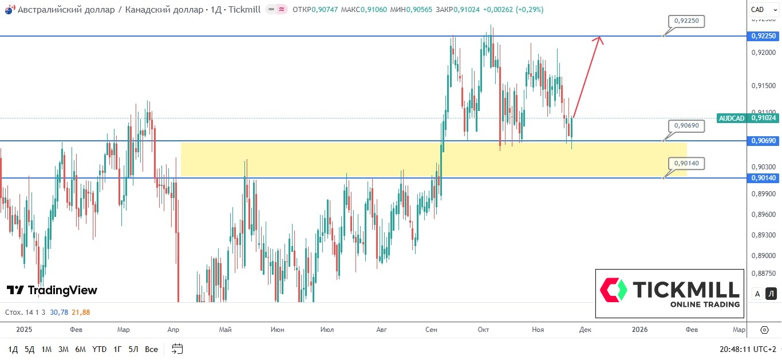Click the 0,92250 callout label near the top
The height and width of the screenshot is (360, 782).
coord(686,21)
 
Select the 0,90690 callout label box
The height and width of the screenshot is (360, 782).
coord(686,125)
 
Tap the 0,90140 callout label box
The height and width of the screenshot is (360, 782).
coord(686,163)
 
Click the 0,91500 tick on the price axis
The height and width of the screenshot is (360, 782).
coord(764,86)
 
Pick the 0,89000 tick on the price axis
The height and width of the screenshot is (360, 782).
coord(764,256)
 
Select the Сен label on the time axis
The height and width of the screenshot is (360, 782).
coord(432,330)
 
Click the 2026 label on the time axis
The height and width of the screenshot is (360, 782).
coord(639,330)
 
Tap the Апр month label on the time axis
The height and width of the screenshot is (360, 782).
coord(174,330)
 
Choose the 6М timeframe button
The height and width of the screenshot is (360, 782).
coord(80,349)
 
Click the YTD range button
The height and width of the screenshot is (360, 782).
coord(100,349)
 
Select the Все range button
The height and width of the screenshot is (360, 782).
coord(151,349)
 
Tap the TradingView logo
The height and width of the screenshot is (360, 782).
coord(52,290)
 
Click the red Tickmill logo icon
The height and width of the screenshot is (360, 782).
coord(613,290)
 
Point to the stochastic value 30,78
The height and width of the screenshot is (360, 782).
coord(59,312)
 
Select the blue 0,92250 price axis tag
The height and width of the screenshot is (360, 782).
coord(763,36)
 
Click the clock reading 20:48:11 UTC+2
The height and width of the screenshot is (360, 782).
coord(747,349)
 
